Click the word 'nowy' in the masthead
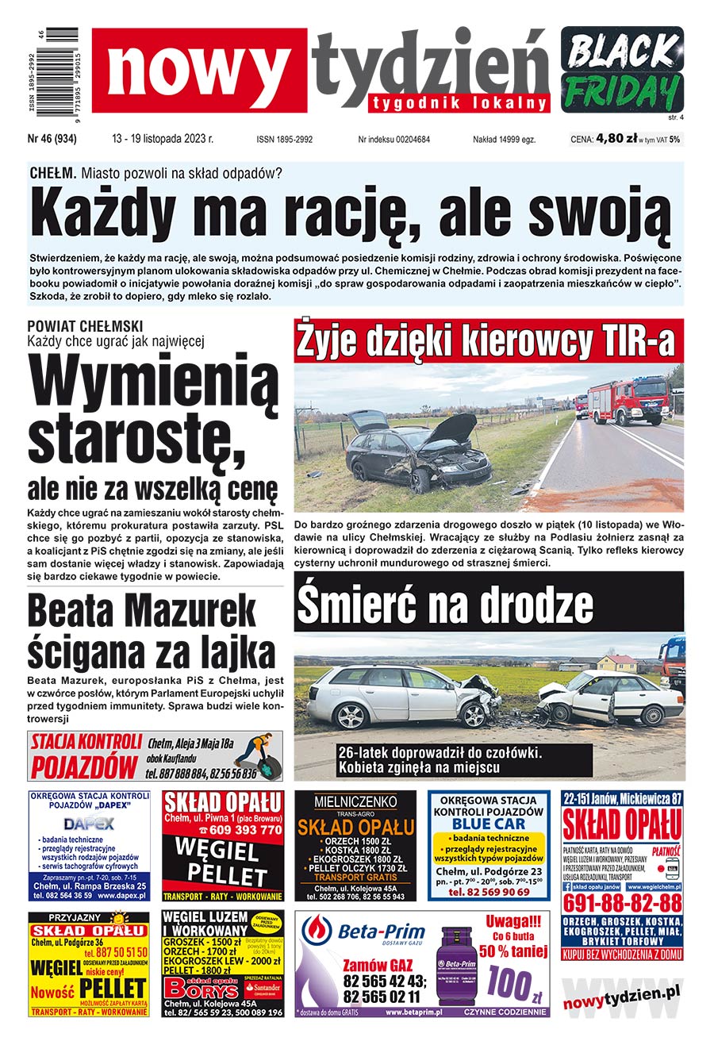coord(198,70)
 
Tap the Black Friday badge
coord(622,69)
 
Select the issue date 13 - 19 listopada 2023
coord(163,139)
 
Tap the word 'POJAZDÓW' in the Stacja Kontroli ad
coord(84,766)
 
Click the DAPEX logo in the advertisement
coord(88,824)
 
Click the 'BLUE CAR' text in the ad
coord(488,824)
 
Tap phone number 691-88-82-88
coord(622,903)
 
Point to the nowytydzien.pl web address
coord(622,993)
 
